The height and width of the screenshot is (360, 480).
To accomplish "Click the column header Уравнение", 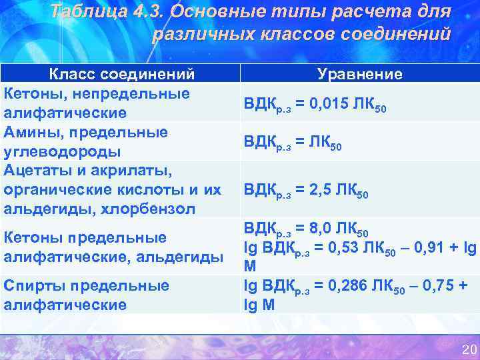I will (x=360, y=73).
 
